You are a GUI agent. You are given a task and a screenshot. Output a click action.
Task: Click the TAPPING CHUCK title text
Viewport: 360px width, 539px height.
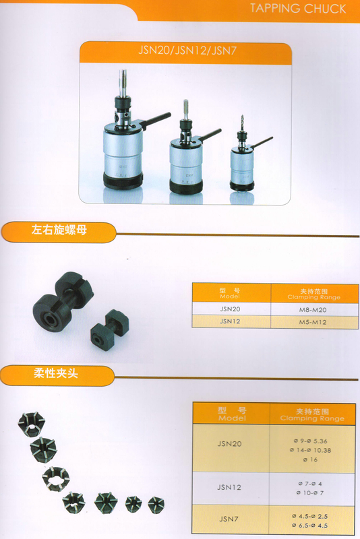(x=297, y=9)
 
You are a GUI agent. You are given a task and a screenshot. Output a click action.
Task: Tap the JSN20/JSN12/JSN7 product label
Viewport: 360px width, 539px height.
(x=185, y=51)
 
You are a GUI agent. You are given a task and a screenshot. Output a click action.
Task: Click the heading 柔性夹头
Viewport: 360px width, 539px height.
(x=55, y=373)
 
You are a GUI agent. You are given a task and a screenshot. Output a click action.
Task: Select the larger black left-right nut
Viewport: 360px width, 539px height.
(x=59, y=302)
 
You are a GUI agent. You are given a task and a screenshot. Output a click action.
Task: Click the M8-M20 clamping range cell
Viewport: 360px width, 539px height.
(x=315, y=308)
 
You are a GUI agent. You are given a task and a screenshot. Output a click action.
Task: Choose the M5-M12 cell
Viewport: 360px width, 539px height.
(x=315, y=321)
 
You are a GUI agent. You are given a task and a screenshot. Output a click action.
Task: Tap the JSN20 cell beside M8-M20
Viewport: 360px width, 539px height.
(x=231, y=308)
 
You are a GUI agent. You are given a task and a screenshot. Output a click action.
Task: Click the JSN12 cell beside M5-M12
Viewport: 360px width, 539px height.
(x=231, y=321)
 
